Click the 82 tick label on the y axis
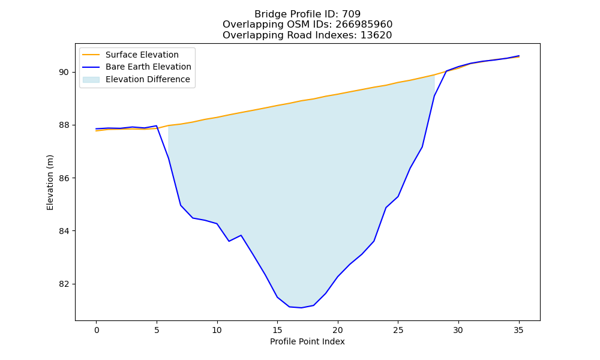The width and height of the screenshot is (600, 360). [x=64, y=284]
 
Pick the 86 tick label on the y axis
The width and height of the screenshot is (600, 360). [x=64, y=178]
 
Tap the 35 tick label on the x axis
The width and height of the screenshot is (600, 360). [x=518, y=330]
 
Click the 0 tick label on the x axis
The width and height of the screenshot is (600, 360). [x=97, y=330]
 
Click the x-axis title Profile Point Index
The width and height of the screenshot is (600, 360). [x=307, y=341]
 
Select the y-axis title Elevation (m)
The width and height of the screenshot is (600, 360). [x=50, y=182]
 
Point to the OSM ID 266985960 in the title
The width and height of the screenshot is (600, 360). [x=364, y=25]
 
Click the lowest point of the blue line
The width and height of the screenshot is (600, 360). [x=302, y=308]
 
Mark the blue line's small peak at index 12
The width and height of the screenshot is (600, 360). [x=241, y=235]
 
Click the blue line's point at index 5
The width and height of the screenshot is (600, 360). [x=157, y=125]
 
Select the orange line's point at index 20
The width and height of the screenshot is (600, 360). [x=337, y=94]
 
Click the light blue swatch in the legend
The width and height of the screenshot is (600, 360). [x=91, y=80]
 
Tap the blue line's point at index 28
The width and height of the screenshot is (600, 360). [x=434, y=96]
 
